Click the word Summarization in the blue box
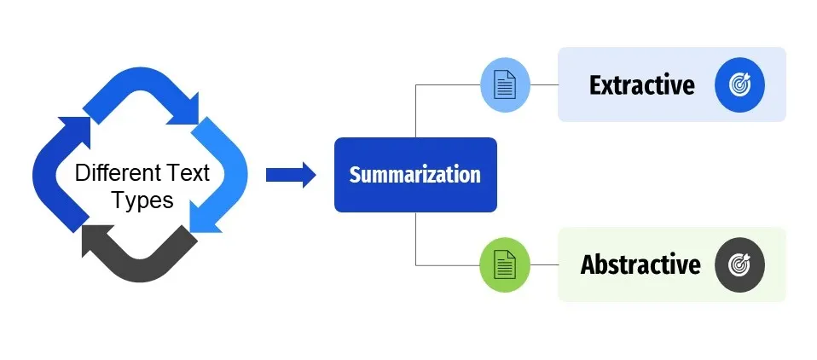pos(414,175)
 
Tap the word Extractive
pos(642,85)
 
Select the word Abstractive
pos(640,264)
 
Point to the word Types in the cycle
pos(142,200)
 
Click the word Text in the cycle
pos(187,173)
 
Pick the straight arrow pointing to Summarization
pos(291,175)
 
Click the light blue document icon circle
pos(505,85)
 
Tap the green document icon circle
pos(505,264)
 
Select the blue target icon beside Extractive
pos(740,85)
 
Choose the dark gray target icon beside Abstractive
pos(740,264)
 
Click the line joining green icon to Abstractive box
pos(544,264)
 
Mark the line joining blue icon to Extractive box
pos(544,85)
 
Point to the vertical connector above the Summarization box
pos(415,111)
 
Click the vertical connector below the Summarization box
pos(415,239)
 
